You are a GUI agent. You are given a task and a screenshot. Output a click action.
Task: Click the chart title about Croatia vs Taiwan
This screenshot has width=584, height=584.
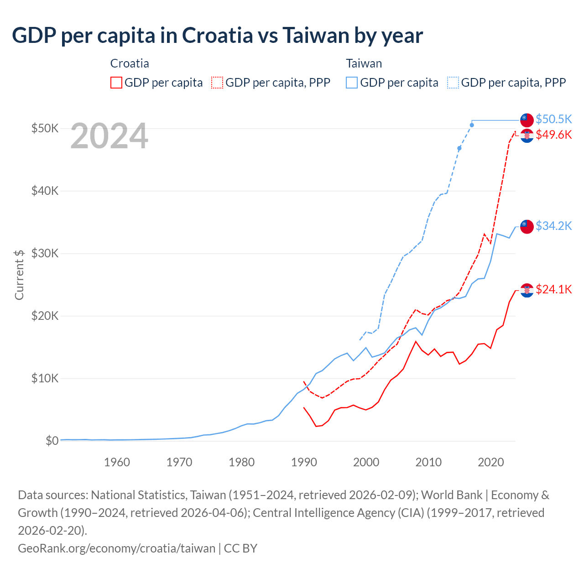click(x=217, y=35)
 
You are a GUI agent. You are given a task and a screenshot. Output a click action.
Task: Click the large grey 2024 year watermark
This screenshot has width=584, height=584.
click(x=109, y=136)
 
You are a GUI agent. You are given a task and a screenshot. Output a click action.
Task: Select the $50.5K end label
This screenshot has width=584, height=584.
click(x=553, y=119)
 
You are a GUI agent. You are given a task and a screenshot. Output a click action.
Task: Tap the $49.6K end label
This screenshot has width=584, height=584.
click(x=553, y=135)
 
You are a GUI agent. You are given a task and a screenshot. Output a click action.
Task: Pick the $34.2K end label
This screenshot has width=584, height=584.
click(x=553, y=226)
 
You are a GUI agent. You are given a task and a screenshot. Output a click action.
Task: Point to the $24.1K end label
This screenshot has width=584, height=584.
click(x=553, y=289)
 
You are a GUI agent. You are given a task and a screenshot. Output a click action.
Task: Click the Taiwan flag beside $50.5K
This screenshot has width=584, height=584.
click(x=527, y=120)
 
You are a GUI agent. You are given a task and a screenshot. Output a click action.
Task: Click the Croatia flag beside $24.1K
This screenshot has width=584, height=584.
click(x=527, y=290)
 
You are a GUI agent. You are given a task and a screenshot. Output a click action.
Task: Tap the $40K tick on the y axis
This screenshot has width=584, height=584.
click(x=45, y=191)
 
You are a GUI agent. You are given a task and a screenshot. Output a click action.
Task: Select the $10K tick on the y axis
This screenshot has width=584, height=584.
click(x=45, y=378)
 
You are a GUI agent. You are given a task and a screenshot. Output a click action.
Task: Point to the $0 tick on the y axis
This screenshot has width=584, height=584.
click(x=52, y=441)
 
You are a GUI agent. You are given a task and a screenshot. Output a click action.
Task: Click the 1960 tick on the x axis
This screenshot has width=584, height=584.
click(x=117, y=462)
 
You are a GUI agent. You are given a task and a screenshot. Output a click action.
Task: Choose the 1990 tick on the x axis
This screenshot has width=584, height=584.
click(x=304, y=462)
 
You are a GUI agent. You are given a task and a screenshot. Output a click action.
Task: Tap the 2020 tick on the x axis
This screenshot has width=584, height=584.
click(x=490, y=462)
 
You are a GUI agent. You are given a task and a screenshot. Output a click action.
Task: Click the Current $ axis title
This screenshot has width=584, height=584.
click(x=19, y=275)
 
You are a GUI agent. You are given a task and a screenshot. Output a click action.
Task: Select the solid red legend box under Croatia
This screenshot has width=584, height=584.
click(x=116, y=83)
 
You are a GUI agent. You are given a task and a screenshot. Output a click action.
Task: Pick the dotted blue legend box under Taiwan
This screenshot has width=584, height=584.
click(x=453, y=83)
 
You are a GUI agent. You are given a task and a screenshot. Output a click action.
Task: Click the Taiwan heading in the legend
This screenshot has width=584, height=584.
click(x=364, y=63)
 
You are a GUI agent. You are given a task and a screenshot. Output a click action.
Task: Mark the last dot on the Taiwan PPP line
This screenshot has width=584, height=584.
click(x=472, y=125)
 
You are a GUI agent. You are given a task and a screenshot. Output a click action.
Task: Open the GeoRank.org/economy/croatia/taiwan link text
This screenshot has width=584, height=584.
click(x=116, y=548)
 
